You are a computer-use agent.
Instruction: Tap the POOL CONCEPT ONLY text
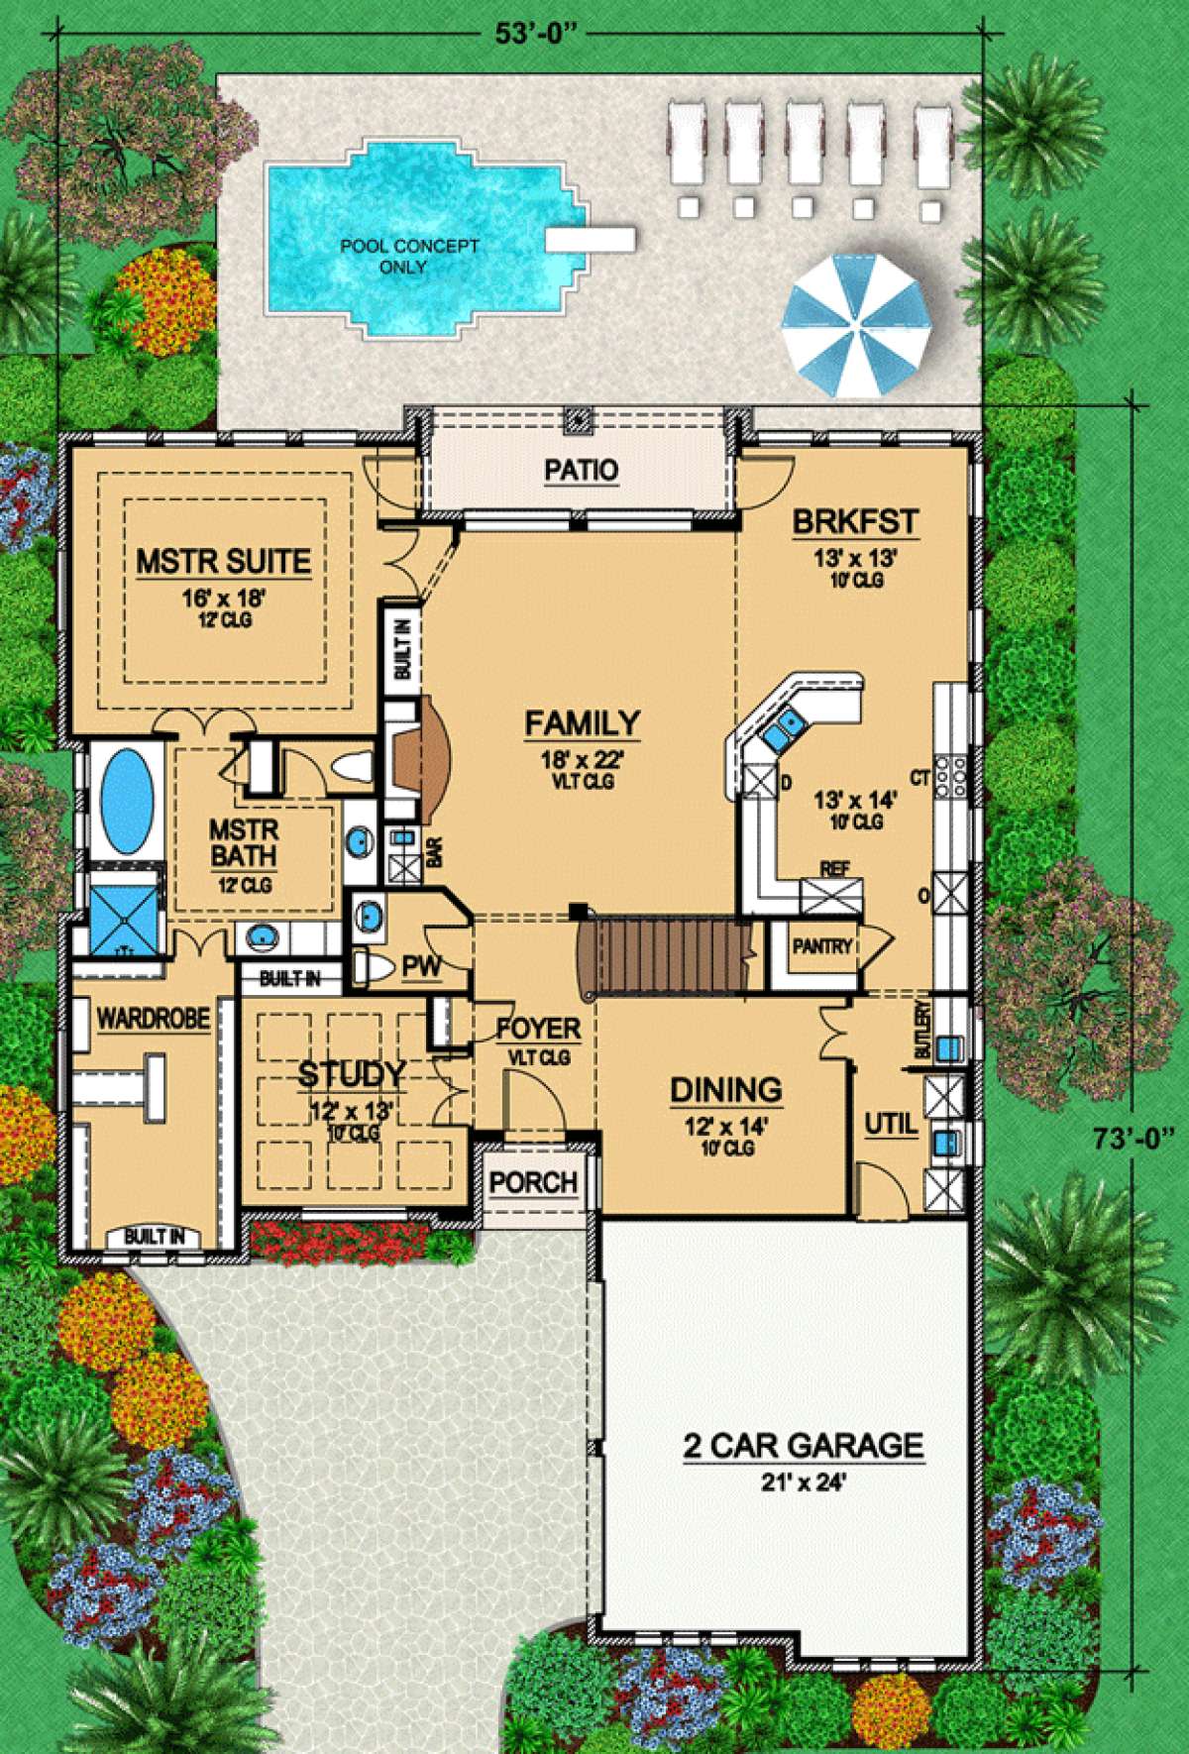point(395,256)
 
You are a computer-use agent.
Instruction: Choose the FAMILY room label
point(583,723)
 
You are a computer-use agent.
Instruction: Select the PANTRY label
point(821,946)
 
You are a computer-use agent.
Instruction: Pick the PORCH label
point(533,1182)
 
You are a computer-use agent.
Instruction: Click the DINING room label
point(727,1090)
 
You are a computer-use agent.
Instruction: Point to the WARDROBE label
point(153,1018)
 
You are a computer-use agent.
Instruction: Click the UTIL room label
point(892,1125)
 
